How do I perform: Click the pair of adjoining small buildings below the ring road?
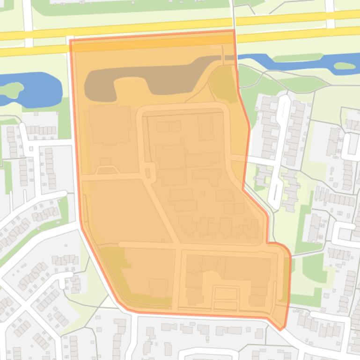click(x=169, y=126)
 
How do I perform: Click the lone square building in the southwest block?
click(x=159, y=287)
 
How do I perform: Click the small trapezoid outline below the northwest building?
click(x=105, y=169)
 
